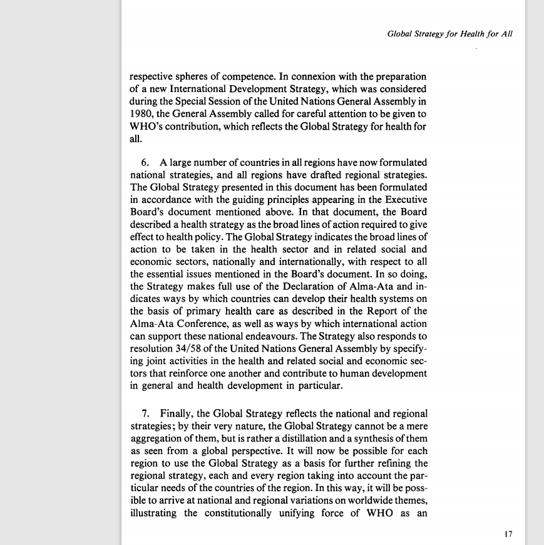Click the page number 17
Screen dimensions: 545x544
click(508, 534)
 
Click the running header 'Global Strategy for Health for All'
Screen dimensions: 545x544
click(450, 34)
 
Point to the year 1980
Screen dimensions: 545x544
click(141, 113)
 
